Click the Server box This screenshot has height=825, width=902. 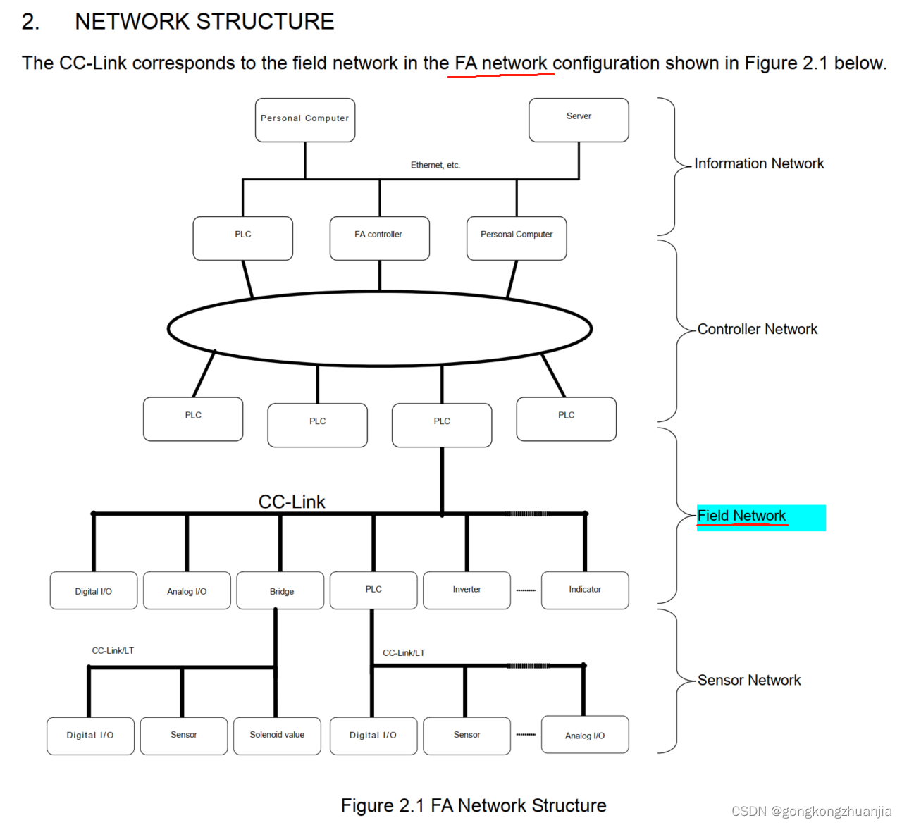[x=579, y=120]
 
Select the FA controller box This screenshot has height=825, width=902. [x=379, y=238]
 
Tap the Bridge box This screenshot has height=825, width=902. [x=280, y=590]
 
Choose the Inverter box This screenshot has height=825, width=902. [x=467, y=590]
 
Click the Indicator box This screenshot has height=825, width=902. [x=585, y=590]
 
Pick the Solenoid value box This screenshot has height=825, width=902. [x=277, y=736]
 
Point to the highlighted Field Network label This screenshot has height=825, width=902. [x=742, y=516]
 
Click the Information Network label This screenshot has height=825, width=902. [x=758, y=163]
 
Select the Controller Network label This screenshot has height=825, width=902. [x=757, y=329]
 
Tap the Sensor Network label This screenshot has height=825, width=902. [x=749, y=680]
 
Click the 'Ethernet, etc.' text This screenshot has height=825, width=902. [x=435, y=165]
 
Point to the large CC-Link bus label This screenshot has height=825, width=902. [x=292, y=502]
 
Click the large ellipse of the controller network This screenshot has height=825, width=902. [x=380, y=328]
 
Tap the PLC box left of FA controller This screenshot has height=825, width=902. [x=243, y=238]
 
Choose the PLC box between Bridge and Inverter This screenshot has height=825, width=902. [x=373, y=590]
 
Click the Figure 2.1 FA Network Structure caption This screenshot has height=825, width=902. [x=474, y=805]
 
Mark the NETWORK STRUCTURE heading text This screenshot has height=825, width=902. [x=204, y=22]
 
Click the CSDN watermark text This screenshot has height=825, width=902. [x=811, y=811]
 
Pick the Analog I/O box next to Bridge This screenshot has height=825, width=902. [x=187, y=590]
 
